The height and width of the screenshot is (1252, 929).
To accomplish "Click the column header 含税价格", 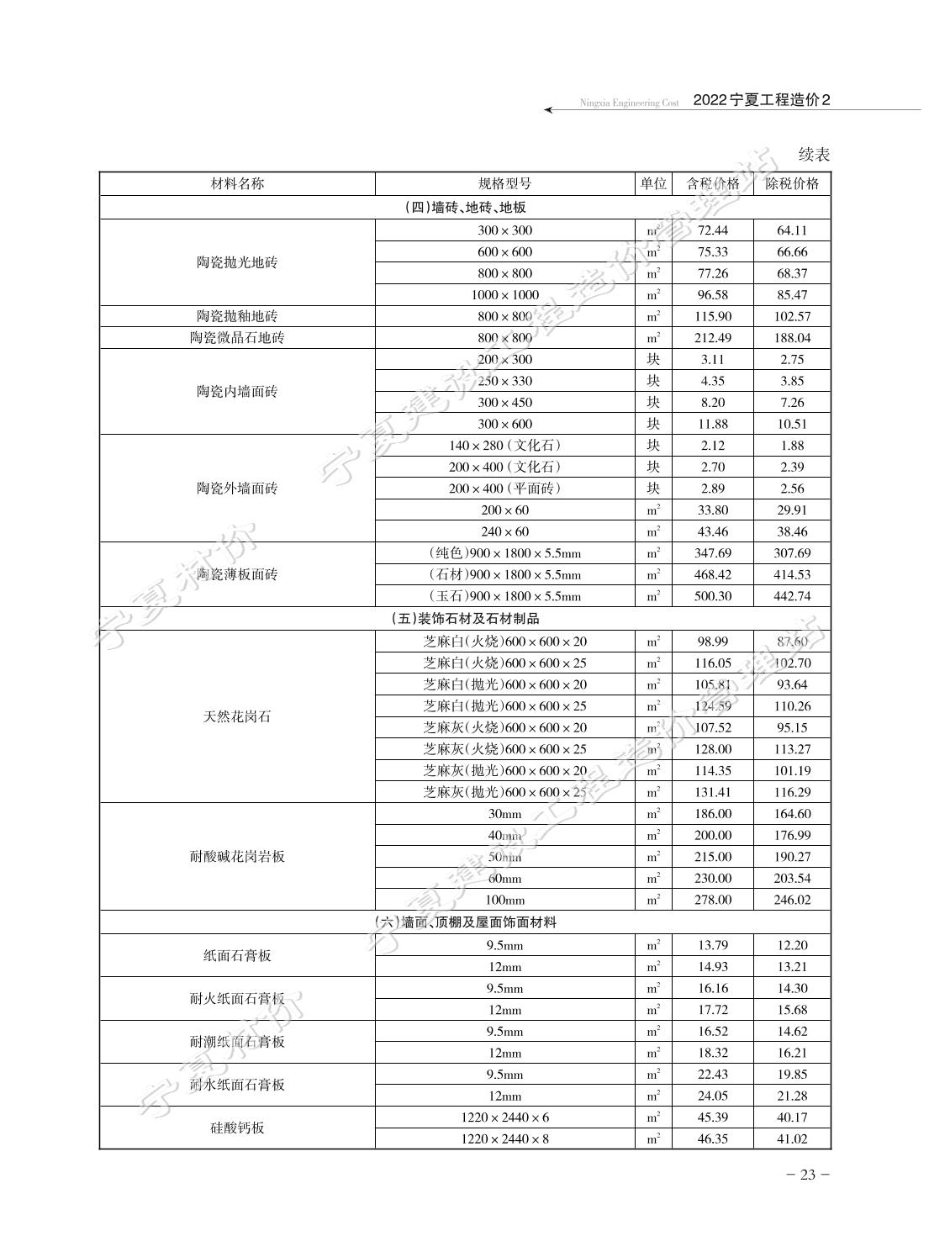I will [x=712, y=184].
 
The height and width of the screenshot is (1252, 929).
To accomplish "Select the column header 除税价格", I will [x=791, y=184].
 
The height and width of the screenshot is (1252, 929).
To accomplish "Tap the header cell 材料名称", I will [x=237, y=184].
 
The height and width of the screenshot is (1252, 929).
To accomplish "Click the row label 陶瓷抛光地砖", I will [x=237, y=262].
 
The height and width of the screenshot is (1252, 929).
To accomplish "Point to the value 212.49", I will [x=712, y=338].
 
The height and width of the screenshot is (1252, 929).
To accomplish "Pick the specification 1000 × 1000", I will [x=504, y=295].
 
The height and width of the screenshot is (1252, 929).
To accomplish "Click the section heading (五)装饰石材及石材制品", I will [x=465, y=619].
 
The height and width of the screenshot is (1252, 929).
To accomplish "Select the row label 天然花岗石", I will [x=237, y=717].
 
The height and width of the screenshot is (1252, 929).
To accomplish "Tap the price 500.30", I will [x=712, y=596].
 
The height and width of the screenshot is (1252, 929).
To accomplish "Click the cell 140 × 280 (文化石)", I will [x=504, y=446].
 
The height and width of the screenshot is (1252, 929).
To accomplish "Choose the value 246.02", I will [x=791, y=900].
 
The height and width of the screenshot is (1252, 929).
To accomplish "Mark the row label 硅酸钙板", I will [x=237, y=1128].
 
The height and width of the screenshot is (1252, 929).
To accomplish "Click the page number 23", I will [x=808, y=1175].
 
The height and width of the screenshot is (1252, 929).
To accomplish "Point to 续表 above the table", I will [x=813, y=155].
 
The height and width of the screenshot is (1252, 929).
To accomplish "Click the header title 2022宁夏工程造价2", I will [x=761, y=100].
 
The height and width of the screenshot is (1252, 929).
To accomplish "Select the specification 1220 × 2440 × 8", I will [x=504, y=1139].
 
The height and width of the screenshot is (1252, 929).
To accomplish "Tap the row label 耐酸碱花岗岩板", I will [x=237, y=857].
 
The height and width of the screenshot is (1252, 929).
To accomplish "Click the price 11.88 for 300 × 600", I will [x=712, y=425].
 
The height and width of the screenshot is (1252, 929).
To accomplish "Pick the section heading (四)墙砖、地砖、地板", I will [x=465, y=208].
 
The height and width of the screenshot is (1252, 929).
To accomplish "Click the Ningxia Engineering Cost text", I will [x=628, y=103].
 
